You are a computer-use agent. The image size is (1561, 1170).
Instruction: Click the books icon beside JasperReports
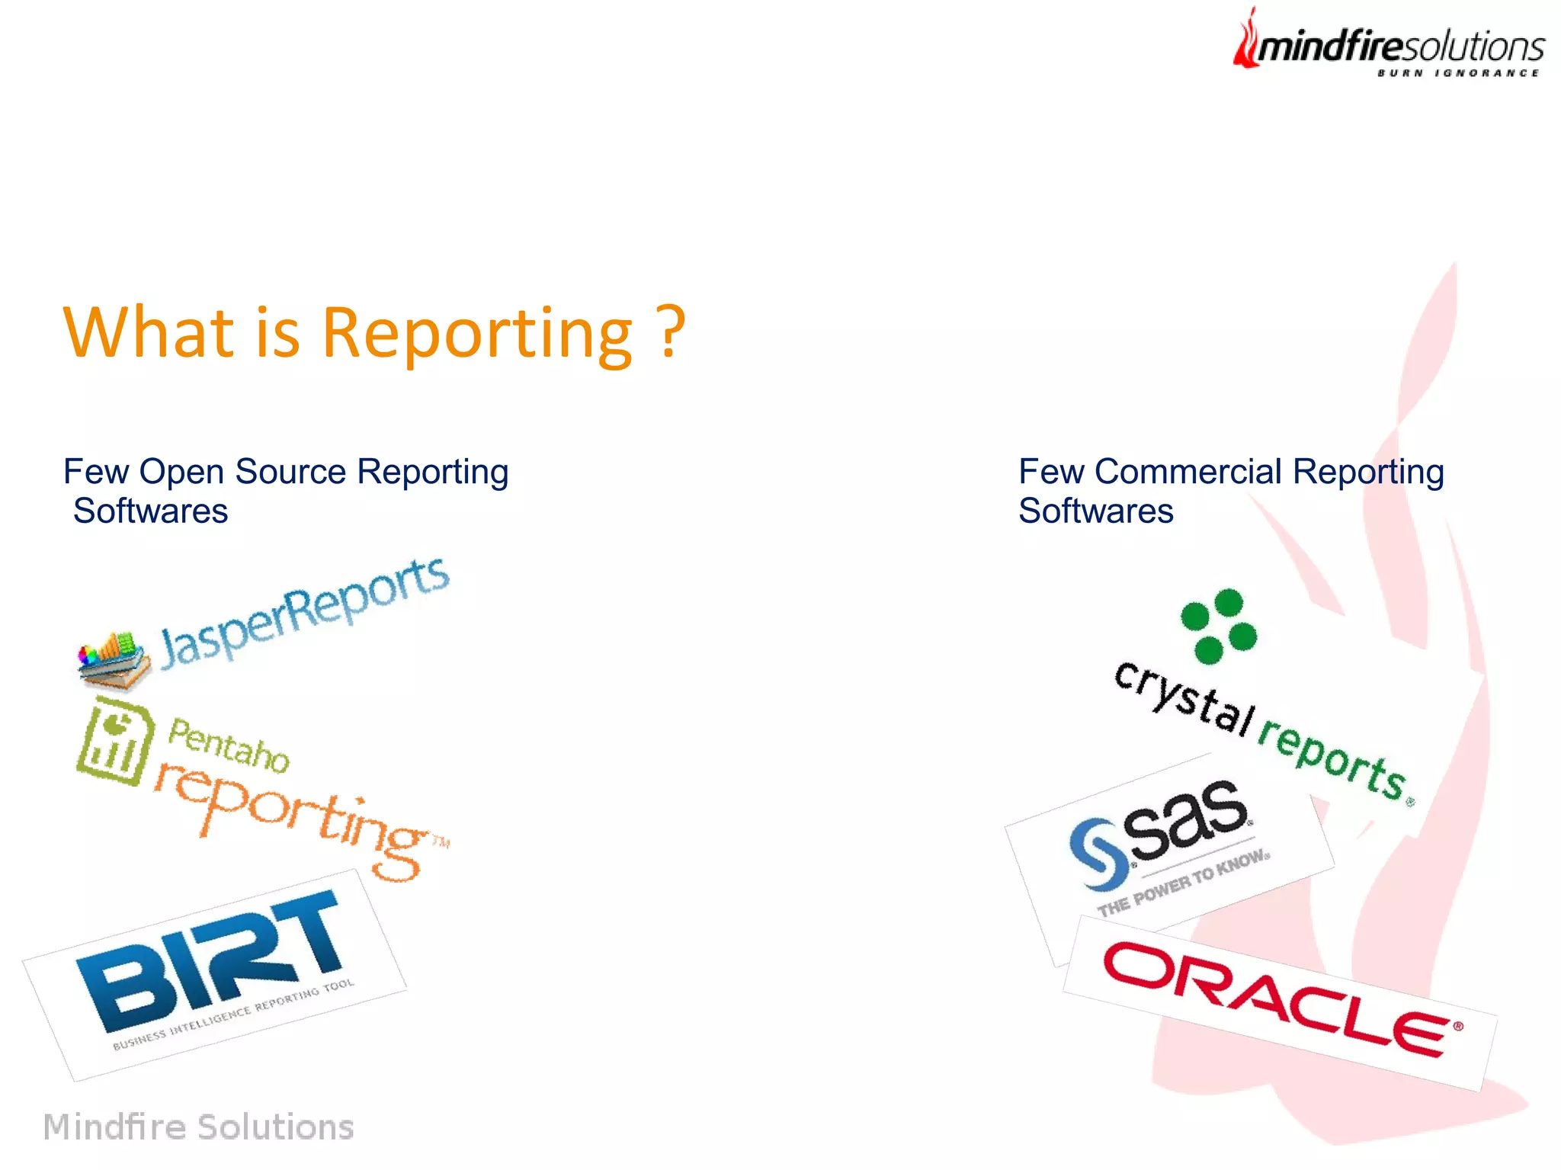pyautogui.click(x=113, y=659)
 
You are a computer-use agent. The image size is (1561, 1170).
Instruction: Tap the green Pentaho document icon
pyautogui.click(x=114, y=743)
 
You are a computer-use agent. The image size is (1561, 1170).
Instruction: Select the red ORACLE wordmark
pyautogui.click(x=1281, y=999)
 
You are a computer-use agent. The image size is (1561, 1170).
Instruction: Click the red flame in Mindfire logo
pyautogui.click(x=1247, y=42)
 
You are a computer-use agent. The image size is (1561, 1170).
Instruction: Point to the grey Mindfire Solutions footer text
pyautogui.click(x=198, y=1127)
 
